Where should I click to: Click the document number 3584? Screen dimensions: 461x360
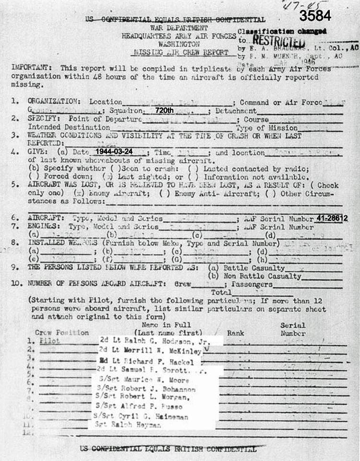315,16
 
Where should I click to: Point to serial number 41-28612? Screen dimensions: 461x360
332,218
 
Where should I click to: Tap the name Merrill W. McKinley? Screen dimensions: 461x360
149,351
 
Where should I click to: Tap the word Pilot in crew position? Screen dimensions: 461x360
49,342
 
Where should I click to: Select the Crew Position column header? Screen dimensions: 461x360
61,332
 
